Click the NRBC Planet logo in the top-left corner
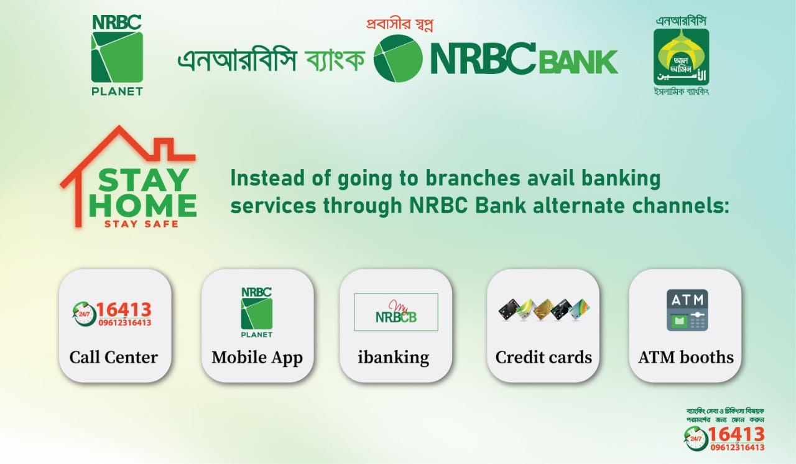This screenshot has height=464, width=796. click(117, 55)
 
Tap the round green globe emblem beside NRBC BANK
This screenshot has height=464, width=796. click(398, 59)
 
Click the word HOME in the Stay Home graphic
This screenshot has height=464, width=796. click(143, 206)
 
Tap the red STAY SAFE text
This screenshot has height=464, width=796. click(141, 224)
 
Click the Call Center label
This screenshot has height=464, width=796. click(114, 358)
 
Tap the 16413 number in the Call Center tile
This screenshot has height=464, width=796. click(124, 309)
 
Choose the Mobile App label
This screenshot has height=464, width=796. click(257, 358)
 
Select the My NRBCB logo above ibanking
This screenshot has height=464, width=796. click(396, 312)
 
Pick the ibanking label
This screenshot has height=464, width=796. click(393, 358)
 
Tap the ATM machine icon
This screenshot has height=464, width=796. click(687, 309)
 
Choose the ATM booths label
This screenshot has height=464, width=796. click(686, 358)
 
